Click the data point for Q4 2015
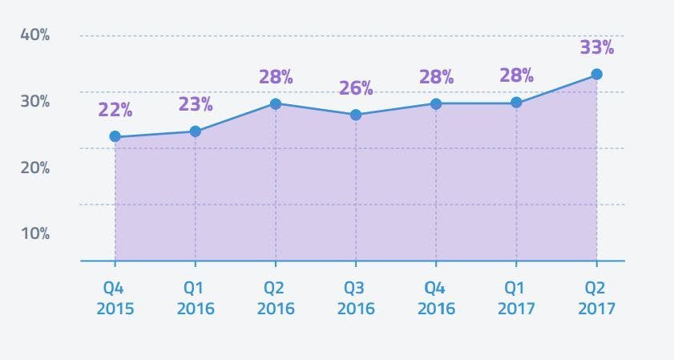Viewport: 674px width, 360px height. pos(115,137)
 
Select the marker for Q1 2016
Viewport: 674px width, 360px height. pos(195,131)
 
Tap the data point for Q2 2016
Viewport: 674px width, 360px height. pos(276,103)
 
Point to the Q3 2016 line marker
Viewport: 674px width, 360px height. pos(356,115)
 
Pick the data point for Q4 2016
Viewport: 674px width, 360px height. pos(436,103)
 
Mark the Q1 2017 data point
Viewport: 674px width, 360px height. pos(516,103)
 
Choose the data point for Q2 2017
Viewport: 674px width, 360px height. pos(596,75)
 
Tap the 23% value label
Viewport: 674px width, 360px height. pos(196,104)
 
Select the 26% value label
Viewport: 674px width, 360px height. pos(356,88)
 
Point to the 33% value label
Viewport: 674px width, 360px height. pos(596,47)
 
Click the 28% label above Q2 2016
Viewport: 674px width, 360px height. pos(276,77)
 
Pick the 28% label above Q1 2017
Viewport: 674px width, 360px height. pos(516,76)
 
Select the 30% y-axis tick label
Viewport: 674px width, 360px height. pos(34,102)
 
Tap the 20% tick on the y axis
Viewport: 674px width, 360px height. pos(34,168)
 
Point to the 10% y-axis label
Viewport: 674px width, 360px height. pos(34,234)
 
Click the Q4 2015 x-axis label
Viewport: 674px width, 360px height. pos(115,298)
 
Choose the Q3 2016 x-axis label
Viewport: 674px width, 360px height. pos(356,298)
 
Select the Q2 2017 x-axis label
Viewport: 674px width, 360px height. pos(596,298)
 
